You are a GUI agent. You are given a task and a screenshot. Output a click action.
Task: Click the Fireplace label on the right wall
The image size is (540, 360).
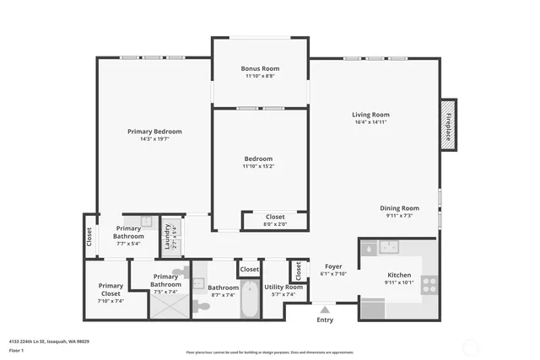[x=448, y=125]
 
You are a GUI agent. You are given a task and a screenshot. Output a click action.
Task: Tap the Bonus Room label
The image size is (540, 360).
[x=260, y=68]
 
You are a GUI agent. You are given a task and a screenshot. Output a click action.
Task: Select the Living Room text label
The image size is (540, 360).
[x=370, y=115]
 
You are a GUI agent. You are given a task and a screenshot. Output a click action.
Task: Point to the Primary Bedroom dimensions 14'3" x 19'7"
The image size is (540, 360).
[x=154, y=139]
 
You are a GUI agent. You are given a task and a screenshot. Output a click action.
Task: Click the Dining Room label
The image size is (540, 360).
[x=399, y=207]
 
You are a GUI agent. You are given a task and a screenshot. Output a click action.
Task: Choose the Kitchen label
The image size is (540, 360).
[x=398, y=275]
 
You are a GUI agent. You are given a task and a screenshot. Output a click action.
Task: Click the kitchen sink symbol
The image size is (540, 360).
[x=389, y=247]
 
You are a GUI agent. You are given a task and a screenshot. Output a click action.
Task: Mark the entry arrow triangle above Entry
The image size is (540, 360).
[x=325, y=308]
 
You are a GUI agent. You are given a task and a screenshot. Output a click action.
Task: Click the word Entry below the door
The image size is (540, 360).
[x=325, y=320]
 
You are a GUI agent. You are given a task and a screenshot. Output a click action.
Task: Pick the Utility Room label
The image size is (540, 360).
[x=283, y=287]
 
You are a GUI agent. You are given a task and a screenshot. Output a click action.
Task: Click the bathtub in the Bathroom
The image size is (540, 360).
[x=251, y=300]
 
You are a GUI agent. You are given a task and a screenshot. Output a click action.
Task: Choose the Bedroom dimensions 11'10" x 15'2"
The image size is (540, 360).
[x=258, y=166]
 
